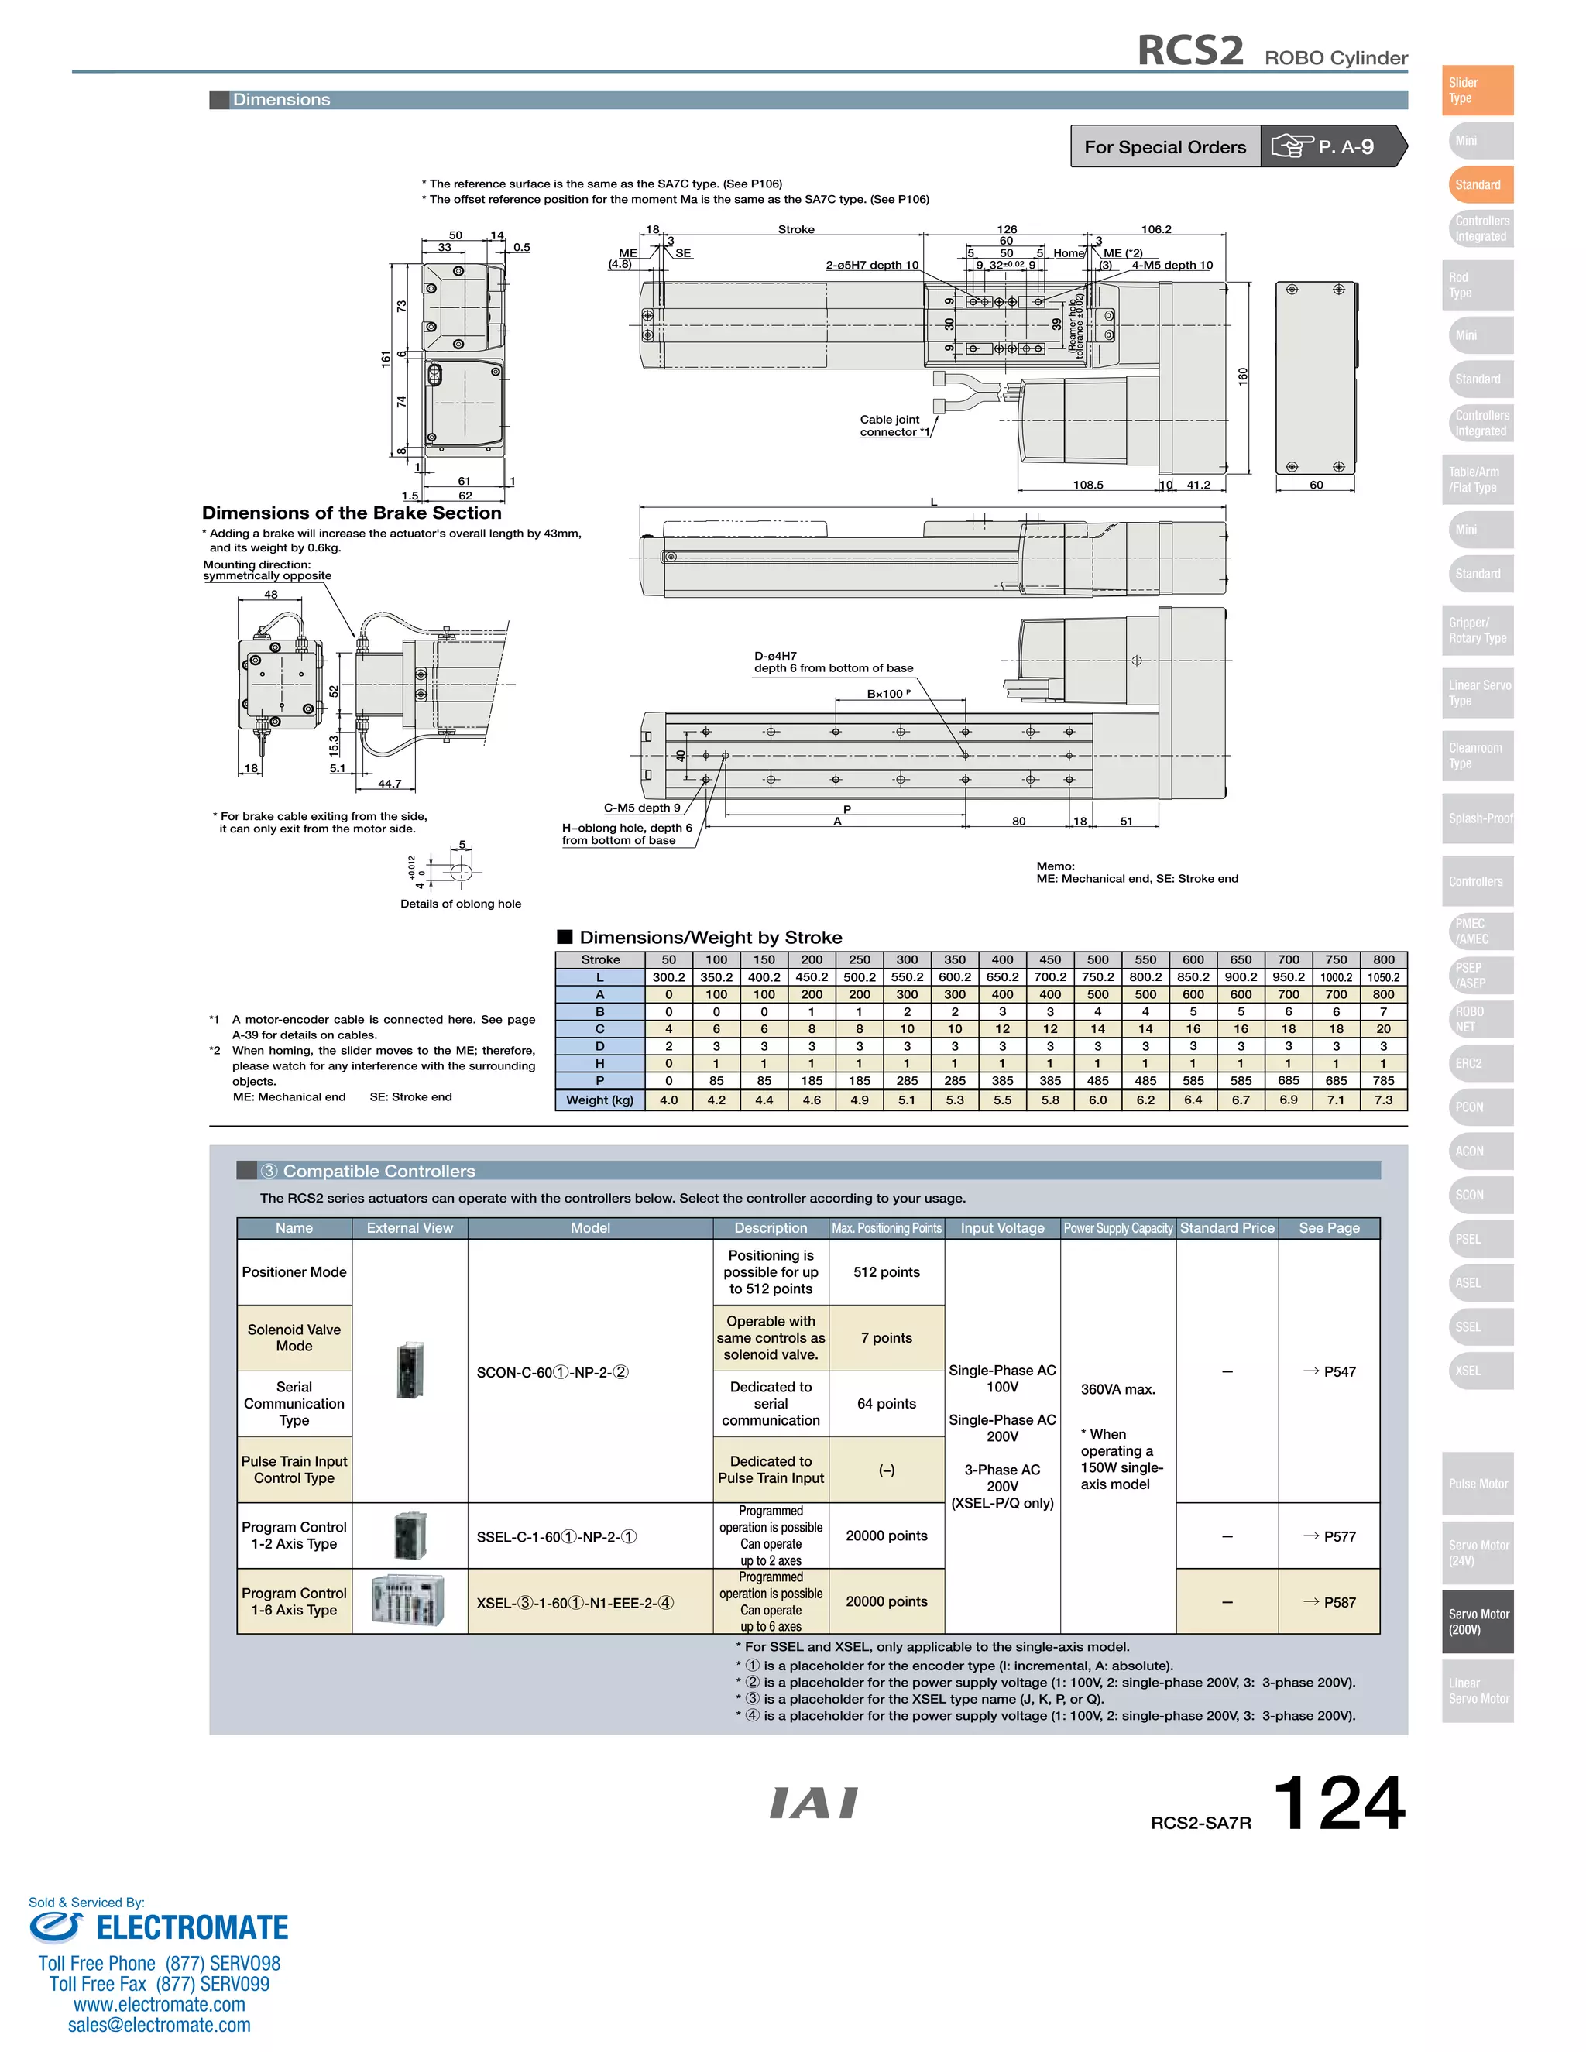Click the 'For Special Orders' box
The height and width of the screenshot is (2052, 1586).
(x=1164, y=146)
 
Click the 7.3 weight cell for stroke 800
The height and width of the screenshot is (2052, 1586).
(x=1383, y=1100)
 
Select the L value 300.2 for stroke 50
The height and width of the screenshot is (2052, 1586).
(x=668, y=977)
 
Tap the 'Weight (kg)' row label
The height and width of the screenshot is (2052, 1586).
(x=599, y=1100)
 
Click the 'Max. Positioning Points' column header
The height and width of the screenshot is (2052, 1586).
(x=886, y=1228)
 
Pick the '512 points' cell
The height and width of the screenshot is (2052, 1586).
(x=886, y=1272)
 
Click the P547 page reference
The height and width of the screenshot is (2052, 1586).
(x=1330, y=1372)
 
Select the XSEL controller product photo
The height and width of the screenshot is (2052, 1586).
(x=409, y=1601)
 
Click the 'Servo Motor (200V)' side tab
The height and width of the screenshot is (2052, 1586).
(x=1478, y=1621)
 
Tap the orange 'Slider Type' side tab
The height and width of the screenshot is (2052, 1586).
(x=1477, y=90)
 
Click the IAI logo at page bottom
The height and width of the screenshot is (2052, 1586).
(x=814, y=1803)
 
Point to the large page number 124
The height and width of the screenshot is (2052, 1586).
(x=1338, y=1803)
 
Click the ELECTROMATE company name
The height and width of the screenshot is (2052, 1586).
(x=192, y=1928)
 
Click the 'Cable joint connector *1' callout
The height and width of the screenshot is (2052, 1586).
(x=893, y=426)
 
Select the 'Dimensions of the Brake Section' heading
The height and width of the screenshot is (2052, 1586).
(x=352, y=513)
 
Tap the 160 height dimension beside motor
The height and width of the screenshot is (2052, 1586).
(x=1242, y=376)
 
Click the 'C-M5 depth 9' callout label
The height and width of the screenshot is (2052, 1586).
(x=642, y=807)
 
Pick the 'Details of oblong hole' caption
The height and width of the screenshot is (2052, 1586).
(x=461, y=904)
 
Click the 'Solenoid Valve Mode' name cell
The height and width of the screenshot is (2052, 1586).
(x=294, y=1338)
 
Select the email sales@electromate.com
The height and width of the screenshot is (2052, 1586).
(x=159, y=2025)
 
